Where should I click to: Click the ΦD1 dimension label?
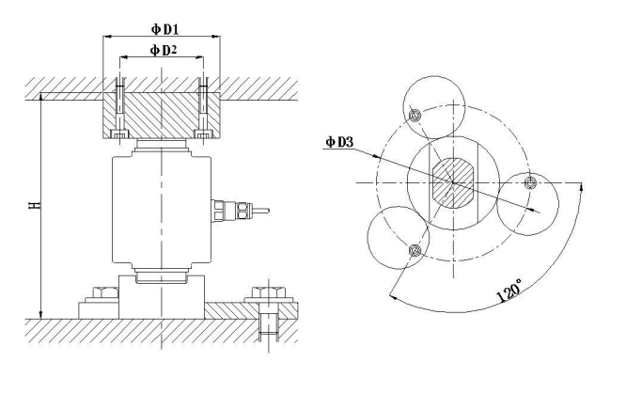164,29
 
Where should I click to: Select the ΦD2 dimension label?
164,51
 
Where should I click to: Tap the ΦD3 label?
339,142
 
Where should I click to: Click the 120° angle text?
509,291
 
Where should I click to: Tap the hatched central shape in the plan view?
453,182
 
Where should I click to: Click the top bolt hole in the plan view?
415,116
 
